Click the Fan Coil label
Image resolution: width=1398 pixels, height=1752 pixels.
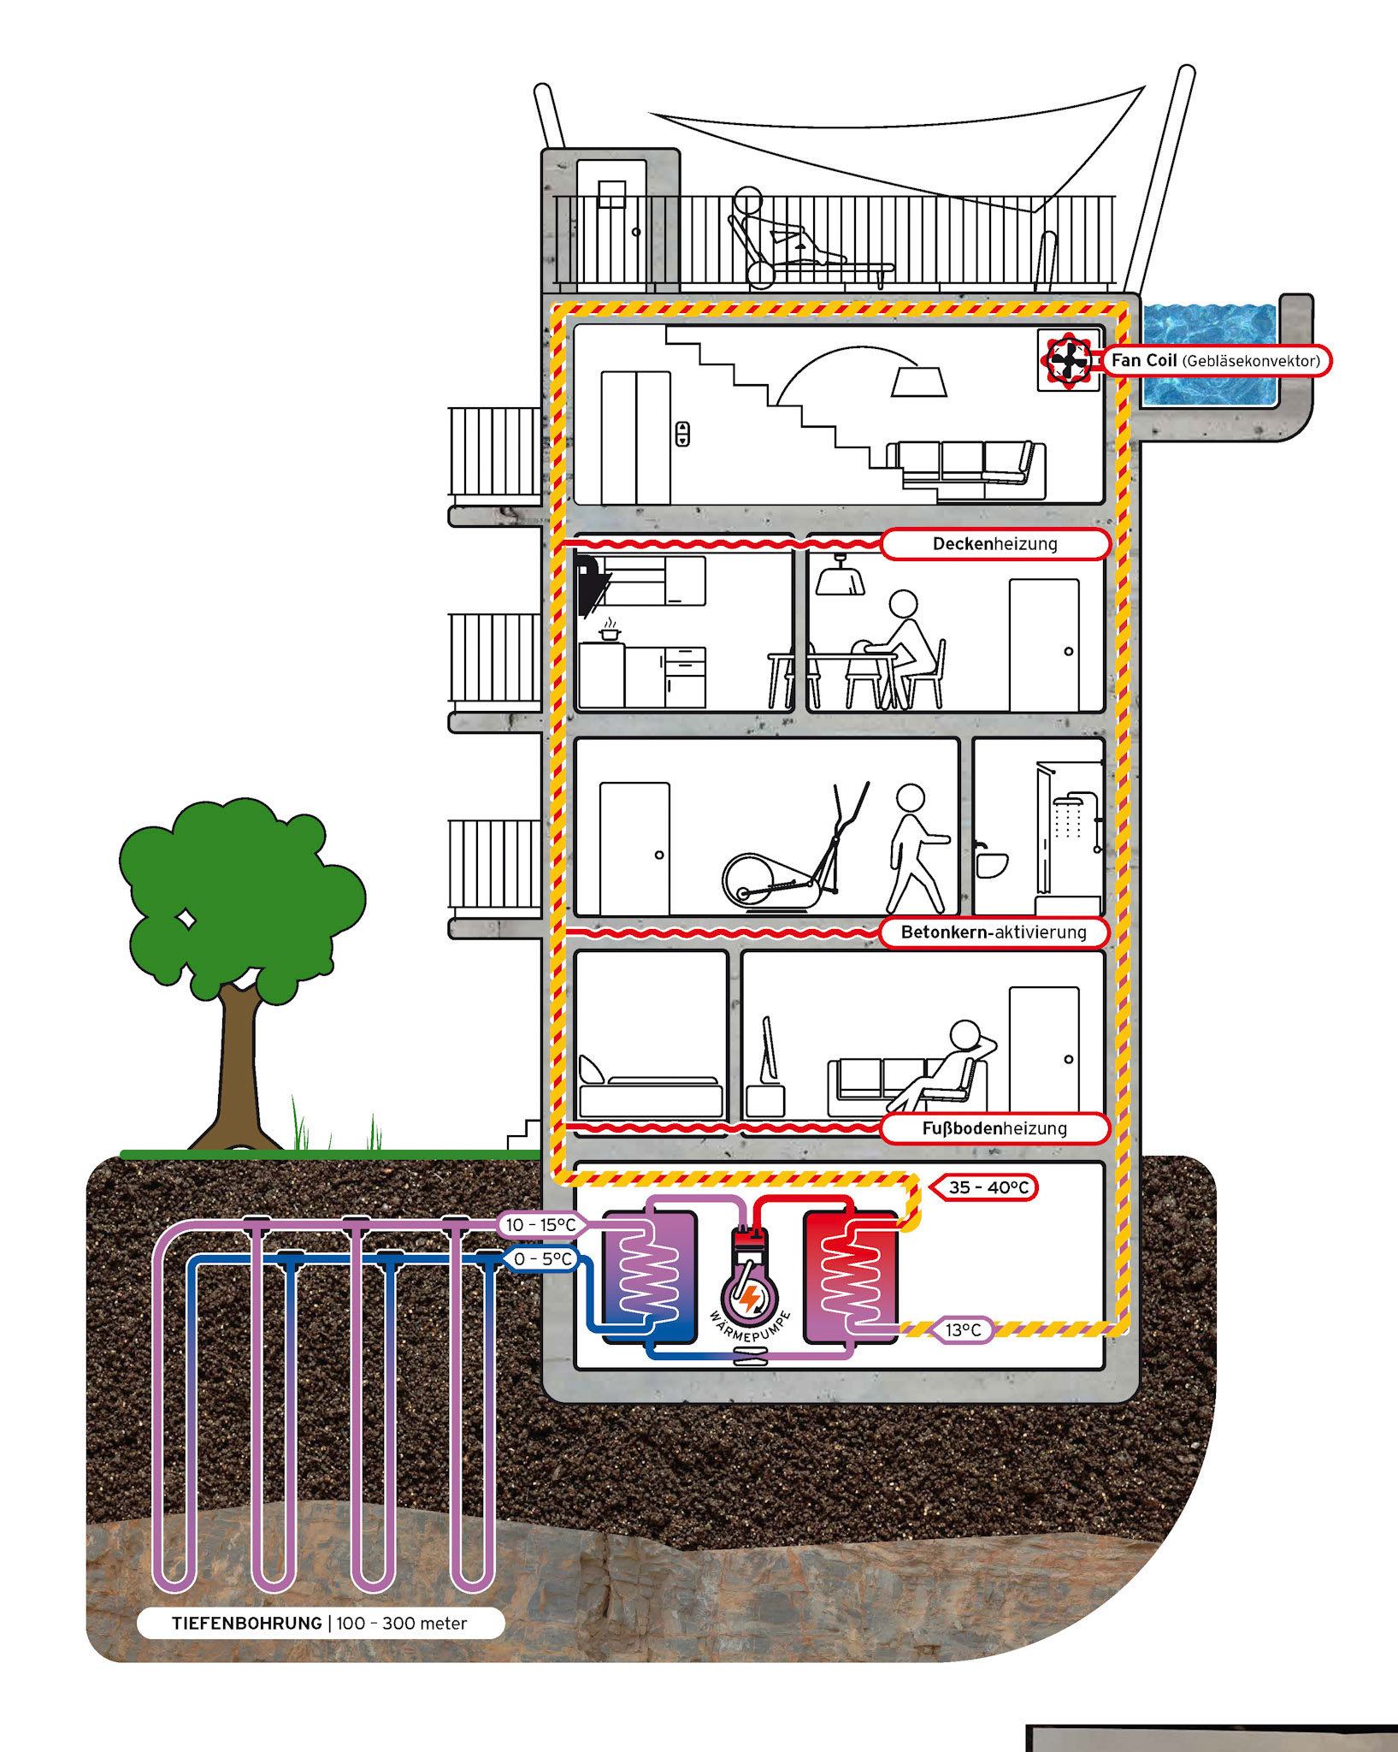1215,361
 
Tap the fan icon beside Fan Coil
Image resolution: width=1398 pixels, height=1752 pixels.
1068,360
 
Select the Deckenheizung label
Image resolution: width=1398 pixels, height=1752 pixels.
994,544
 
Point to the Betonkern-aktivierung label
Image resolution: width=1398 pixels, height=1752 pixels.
994,932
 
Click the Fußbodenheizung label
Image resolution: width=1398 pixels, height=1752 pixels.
994,1128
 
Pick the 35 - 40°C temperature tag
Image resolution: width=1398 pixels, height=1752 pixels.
988,1187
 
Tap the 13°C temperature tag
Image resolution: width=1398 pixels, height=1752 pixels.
964,1330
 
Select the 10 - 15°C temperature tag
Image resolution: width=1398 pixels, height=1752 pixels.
540,1225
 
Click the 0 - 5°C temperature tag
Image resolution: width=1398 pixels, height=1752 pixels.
542,1259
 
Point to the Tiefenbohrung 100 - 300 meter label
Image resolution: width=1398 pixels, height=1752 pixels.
320,1624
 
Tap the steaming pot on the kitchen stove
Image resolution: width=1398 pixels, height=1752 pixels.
609,632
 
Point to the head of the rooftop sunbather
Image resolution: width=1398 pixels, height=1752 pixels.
747,200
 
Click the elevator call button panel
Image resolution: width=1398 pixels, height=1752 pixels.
682,434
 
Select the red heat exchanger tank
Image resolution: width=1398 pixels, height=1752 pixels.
851,1276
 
